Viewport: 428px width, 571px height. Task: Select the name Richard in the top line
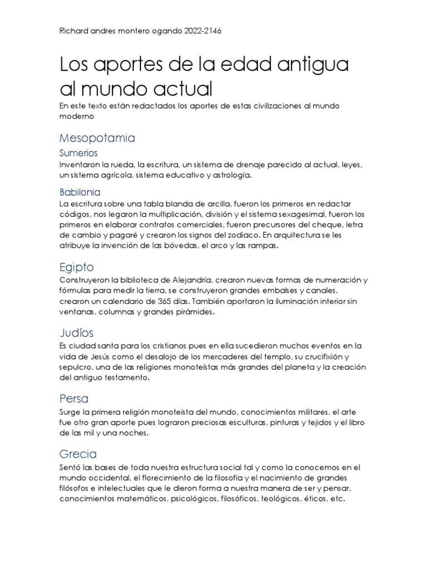click(75, 32)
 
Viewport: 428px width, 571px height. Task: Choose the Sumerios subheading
click(79, 152)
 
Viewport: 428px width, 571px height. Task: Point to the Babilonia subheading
click(80, 192)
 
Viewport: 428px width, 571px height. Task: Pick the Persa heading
click(74, 399)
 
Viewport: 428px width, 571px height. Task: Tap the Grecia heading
click(77, 453)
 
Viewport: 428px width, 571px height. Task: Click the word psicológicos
click(191, 499)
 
